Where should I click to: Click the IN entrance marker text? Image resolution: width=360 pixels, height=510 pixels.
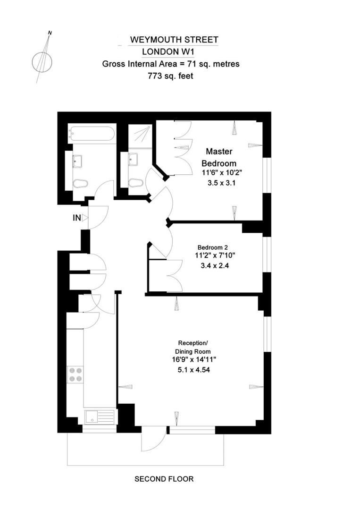point(76,218)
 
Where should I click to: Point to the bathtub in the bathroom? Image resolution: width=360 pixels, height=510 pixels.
point(92,134)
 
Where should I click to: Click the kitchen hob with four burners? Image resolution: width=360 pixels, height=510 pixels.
point(75,374)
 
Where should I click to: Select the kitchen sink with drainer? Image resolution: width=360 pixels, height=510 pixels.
point(100,416)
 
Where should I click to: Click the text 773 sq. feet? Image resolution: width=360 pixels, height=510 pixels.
point(171,75)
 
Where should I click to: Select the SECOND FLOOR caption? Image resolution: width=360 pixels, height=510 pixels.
point(164,479)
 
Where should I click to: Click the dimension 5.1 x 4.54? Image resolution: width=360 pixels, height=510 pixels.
point(191,370)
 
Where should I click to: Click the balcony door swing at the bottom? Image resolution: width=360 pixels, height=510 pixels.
point(154,439)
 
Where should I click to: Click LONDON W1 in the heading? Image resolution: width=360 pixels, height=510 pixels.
point(171,52)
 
